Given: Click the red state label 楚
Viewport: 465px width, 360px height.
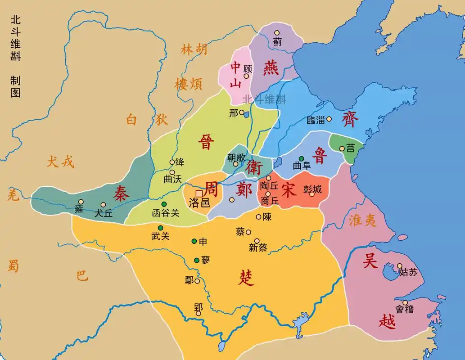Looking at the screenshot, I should click(x=246, y=278).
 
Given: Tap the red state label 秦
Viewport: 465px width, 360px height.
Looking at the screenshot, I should click(x=121, y=193).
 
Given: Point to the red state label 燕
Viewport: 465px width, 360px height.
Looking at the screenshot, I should click(x=271, y=67).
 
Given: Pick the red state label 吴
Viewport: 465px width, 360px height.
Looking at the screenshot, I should click(x=370, y=261).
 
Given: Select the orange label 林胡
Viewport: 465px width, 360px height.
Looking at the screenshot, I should click(x=194, y=49).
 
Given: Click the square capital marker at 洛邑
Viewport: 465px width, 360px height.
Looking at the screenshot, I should click(x=199, y=193).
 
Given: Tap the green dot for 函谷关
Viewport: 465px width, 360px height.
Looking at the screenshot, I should click(x=164, y=204).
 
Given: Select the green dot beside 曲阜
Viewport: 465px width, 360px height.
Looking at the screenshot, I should click(x=302, y=159).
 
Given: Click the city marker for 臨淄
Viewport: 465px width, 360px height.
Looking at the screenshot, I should click(x=329, y=119).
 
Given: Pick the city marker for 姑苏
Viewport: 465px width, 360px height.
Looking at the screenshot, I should click(x=400, y=266).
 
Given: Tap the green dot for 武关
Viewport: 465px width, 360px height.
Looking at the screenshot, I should click(x=160, y=227).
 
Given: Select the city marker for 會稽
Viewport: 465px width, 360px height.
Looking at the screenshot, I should click(x=405, y=302).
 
